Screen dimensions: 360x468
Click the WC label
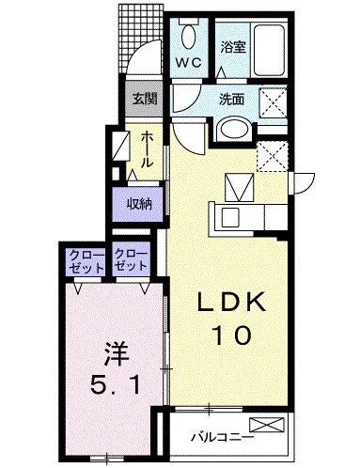coord(188,63)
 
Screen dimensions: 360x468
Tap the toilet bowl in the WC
coord(188,36)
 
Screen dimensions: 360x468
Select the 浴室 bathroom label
coord(233,47)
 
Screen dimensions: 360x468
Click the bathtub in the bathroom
coord(270,50)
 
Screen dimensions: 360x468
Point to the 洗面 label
coord(231,100)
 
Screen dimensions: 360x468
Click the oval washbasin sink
coord(235,129)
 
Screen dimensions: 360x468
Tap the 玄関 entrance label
coord(144,99)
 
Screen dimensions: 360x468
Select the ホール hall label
coord(148,148)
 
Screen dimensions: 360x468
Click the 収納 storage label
coord(139,204)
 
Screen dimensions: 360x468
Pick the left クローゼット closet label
coord(86,261)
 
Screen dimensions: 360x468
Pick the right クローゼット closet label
coord(131,260)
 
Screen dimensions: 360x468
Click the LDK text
coord(231,302)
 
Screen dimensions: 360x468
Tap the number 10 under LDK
coord(232,335)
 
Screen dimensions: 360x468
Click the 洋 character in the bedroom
coord(117,354)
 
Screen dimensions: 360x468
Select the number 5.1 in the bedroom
coord(115,384)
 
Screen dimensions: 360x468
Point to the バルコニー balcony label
coord(222,436)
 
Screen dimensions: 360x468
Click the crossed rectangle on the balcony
coord(267,425)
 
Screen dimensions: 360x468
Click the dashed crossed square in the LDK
coord(272,156)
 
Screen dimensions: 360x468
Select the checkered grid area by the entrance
coord(141,38)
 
